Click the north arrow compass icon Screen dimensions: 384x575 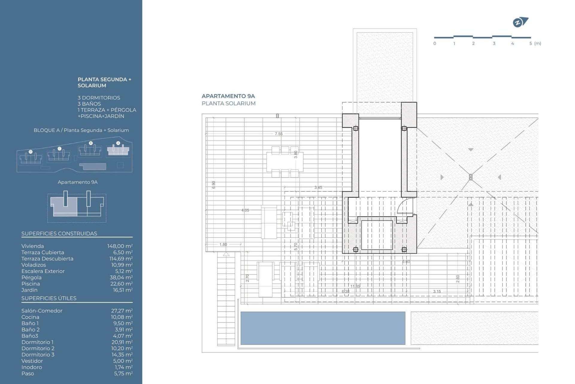tap(520, 22)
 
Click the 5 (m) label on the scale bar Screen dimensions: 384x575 tap(535, 43)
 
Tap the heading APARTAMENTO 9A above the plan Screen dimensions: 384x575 tap(228, 96)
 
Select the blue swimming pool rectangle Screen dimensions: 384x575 tap(323, 328)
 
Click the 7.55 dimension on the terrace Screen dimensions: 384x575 tap(279, 134)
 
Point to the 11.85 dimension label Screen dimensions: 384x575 tap(355, 286)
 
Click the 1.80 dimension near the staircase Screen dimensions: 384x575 tap(223, 244)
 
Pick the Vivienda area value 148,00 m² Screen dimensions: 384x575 tap(120, 246)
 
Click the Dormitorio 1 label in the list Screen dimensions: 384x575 tap(37, 342)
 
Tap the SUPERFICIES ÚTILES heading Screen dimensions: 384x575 tap(49, 298)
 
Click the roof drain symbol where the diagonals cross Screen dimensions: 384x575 tap(470, 177)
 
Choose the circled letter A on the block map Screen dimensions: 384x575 tap(118, 143)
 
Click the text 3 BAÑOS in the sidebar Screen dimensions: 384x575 tap(89, 104)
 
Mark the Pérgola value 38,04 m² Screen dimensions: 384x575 tap(121, 277)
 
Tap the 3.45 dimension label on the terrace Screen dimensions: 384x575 tap(318, 187)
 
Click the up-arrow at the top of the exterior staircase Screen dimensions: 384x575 tap(226, 254)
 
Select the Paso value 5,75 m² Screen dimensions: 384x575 tap(123, 373)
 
